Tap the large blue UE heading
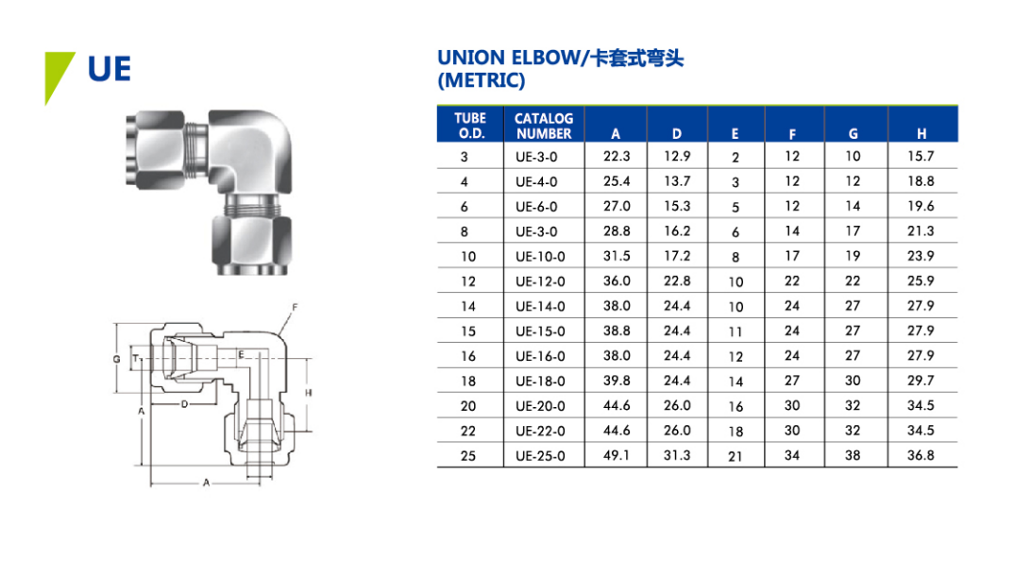coord(110,69)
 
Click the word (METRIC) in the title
coord(481,80)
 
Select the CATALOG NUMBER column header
coord(544,126)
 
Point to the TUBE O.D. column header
coord(470,126)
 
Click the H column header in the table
coord(922,133)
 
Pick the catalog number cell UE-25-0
coord(540,456)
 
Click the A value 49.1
coord(617,455)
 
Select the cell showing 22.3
coord(617,156)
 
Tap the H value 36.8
coord(921,455)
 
